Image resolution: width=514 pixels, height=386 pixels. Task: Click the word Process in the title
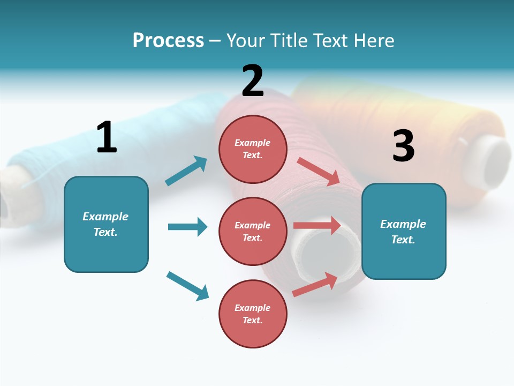pos(168,40)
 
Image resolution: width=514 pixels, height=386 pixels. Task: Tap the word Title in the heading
pos(289,40)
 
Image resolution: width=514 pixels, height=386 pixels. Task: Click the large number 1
pos(107,137)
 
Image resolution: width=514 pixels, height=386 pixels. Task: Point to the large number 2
pos(253,80)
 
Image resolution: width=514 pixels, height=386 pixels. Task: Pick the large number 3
pos(404,145)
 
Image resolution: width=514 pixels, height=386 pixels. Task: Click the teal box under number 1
pos(106,225)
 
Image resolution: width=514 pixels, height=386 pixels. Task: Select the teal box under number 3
pos(404,232)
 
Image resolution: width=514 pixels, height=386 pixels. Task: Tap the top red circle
pos(253,149)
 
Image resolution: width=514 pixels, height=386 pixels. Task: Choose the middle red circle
pos(253,232)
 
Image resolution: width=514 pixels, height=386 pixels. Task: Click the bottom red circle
pos(253,314)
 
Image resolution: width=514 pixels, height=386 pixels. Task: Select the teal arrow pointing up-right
pos(186,170)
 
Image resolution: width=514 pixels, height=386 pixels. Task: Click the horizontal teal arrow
pos(188,227)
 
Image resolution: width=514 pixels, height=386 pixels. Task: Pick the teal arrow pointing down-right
pos(188,286)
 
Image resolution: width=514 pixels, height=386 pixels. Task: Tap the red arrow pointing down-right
pos(318,172)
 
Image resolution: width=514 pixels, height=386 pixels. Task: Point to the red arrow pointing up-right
pos(315,285)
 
